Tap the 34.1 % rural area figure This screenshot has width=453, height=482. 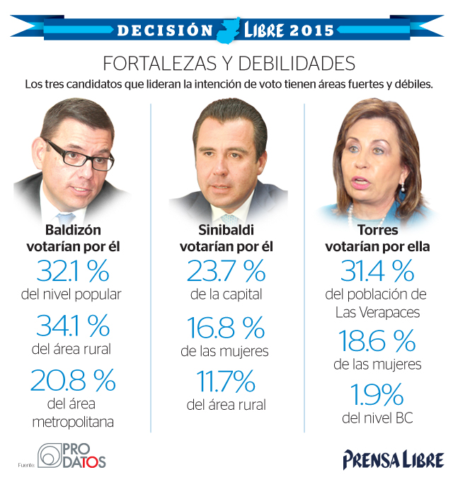pos(72,326)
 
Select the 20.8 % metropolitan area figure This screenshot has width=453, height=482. pos(72,381)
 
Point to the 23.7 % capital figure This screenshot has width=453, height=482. pos(226,271)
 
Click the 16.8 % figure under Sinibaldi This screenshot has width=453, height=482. pos(226,326)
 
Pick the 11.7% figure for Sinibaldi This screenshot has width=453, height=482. pos(226,381)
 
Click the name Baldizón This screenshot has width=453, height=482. pos(72,230)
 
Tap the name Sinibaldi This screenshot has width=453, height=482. pos(226,230)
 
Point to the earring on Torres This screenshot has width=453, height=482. pos(401,190)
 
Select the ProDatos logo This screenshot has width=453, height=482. pos(71,456)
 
